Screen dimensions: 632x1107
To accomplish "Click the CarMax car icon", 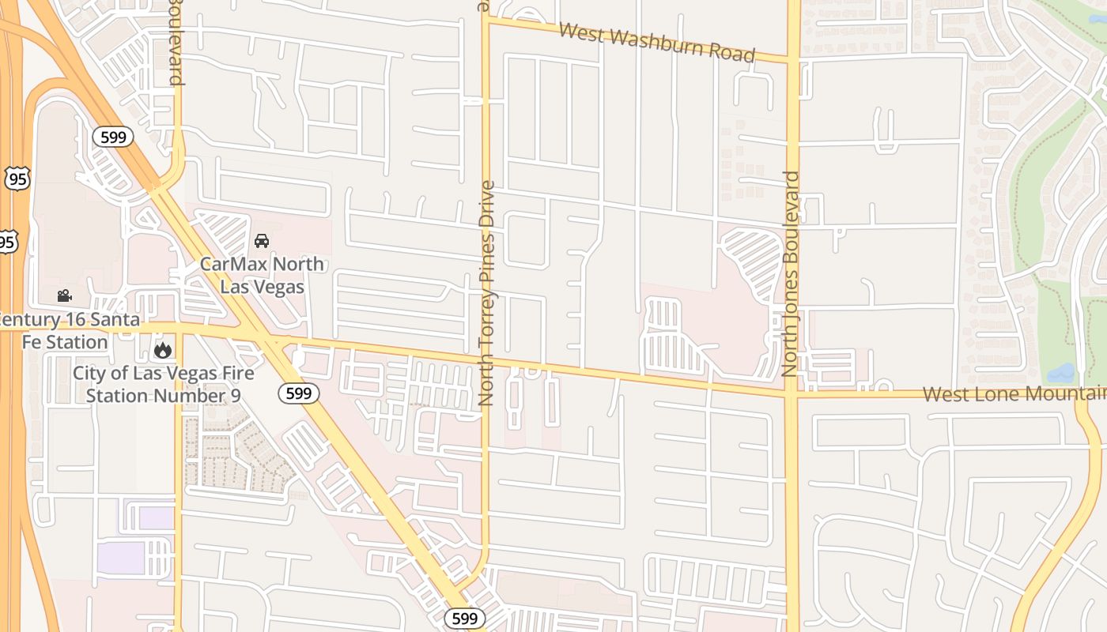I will (262, 240).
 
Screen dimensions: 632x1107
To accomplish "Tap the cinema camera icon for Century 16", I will (64, 296).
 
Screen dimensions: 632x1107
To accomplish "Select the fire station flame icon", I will (163, 349).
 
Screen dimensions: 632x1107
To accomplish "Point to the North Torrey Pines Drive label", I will (486, 293).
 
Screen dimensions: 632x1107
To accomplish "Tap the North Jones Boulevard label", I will (792, 273).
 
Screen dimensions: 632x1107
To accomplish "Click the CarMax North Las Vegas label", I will (262, 274).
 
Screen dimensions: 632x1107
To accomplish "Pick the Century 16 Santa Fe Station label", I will (67, 331).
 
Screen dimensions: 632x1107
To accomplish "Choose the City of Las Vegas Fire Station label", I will (163, 383).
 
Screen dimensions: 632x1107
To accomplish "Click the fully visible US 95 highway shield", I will (17, 179).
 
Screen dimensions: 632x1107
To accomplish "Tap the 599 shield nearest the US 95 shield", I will (113, 137).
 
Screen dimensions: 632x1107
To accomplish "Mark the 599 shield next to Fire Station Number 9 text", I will (298, 393).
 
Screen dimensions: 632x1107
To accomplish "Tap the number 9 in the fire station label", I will (235, 395).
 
